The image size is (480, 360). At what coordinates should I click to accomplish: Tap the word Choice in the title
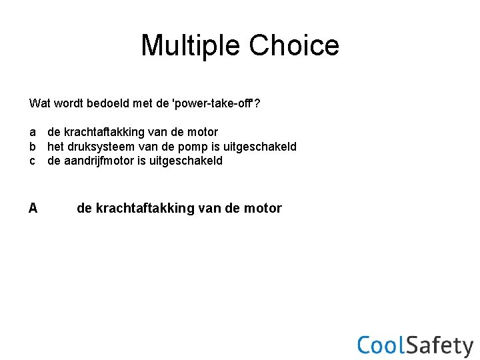click(x=293, y=45)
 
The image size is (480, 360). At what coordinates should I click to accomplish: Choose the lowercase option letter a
click(x=33, y=132)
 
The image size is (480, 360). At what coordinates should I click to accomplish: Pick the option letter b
click(x=33, y=146)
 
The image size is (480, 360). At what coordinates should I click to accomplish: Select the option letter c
click(x=33, y=161)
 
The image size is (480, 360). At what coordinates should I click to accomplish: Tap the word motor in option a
click(x=202, y=132)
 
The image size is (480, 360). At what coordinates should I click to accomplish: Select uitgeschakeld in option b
click(x=263, y=146)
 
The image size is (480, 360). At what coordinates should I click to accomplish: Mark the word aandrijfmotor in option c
click(x=99, y=161)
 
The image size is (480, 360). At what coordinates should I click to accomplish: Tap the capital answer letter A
click(x=33, y=208)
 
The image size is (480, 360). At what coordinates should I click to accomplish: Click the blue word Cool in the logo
click(x=381, y=345)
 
